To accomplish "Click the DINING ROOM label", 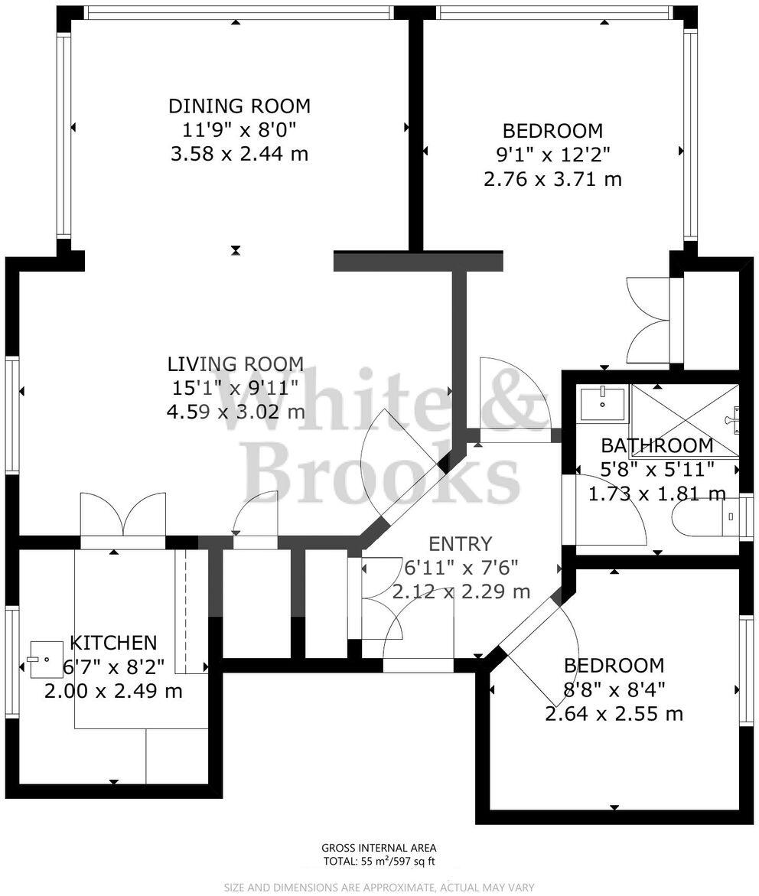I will tap(239, 106).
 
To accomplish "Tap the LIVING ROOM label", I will tap(236, 363).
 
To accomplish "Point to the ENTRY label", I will tap(461, 544).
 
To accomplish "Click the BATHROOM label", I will tap(656, 445).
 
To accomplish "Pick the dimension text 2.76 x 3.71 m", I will tap(552, 179).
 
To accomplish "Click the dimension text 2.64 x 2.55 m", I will tap(614, 714).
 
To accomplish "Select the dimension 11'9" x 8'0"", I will tap(239, 130).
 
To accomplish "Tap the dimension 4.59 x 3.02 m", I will tap(236, 412).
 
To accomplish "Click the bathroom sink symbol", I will tap(603, 403).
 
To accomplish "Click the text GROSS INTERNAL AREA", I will tap(379, 848).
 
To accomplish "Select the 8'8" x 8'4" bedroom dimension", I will tap(614, 689).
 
